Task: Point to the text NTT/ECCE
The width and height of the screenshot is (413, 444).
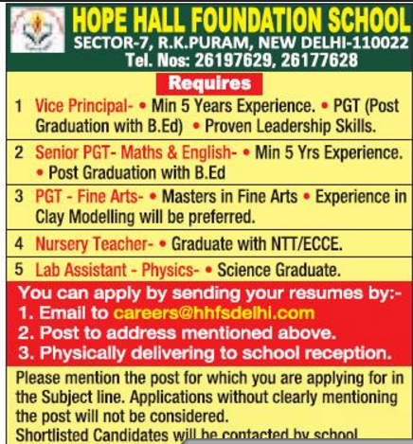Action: tap(298, 244)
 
